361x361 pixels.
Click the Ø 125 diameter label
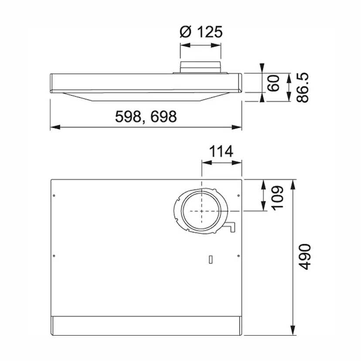[x=201, y=32]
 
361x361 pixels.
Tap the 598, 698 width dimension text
[x=146, y=116]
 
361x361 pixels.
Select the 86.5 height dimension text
[x=302, y=88]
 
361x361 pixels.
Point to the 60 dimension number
[x=273, y=83]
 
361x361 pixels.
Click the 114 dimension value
[x=221, y=151]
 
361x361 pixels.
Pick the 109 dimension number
[x=277, y=198]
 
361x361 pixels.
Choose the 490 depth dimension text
[x=305, y=257]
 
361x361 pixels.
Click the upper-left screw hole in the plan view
[x=54, y=196]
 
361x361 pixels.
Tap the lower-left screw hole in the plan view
[x=54, y=256]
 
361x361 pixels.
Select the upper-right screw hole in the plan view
[x=238, y=196]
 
